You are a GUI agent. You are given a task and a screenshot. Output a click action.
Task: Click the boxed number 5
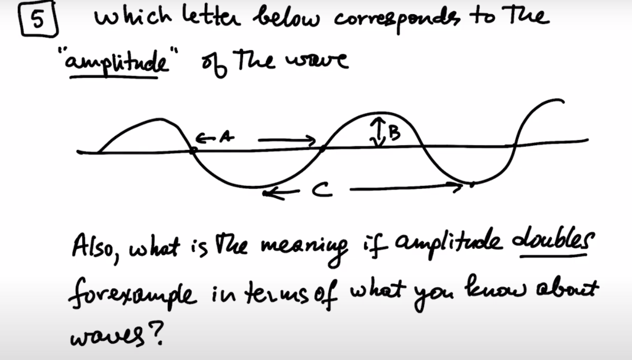pos(38,20)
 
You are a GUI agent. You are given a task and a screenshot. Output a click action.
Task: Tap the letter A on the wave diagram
pos(226,138)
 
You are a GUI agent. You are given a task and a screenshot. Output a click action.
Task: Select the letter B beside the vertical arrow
pos(394,131)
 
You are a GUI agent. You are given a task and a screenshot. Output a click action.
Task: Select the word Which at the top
pos(128,17)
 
